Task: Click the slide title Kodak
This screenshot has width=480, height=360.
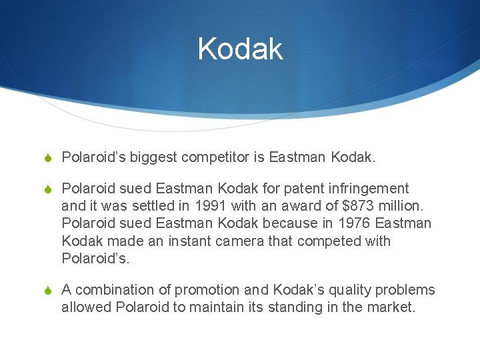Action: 240,49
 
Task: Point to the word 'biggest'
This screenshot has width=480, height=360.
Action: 153,157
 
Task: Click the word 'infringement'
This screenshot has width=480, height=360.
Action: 371,189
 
